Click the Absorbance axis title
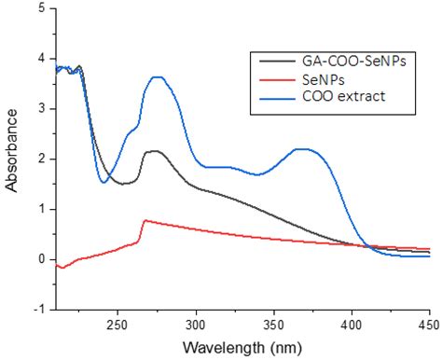tap(12, 158)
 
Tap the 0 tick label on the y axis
tap(39, 259)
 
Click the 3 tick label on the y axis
tap(39, 108)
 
